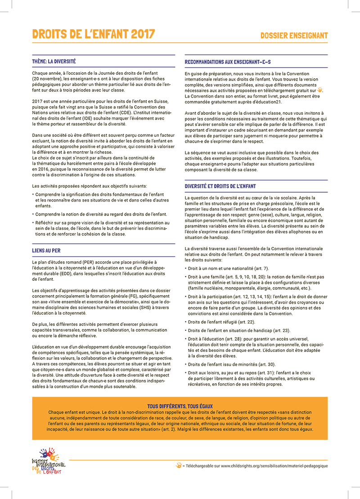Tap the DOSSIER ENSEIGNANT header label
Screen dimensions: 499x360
point(294,35)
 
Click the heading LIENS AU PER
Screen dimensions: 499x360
point(46,250)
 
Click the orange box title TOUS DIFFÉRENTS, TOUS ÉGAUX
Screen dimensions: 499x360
point(180,406)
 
